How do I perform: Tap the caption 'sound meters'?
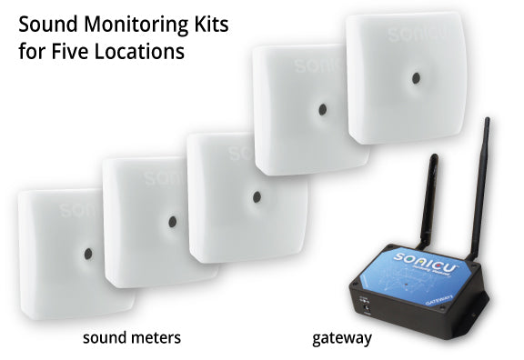click(131, 338)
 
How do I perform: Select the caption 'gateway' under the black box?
click(342, 338)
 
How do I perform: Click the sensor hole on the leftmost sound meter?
click(86, 252)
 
